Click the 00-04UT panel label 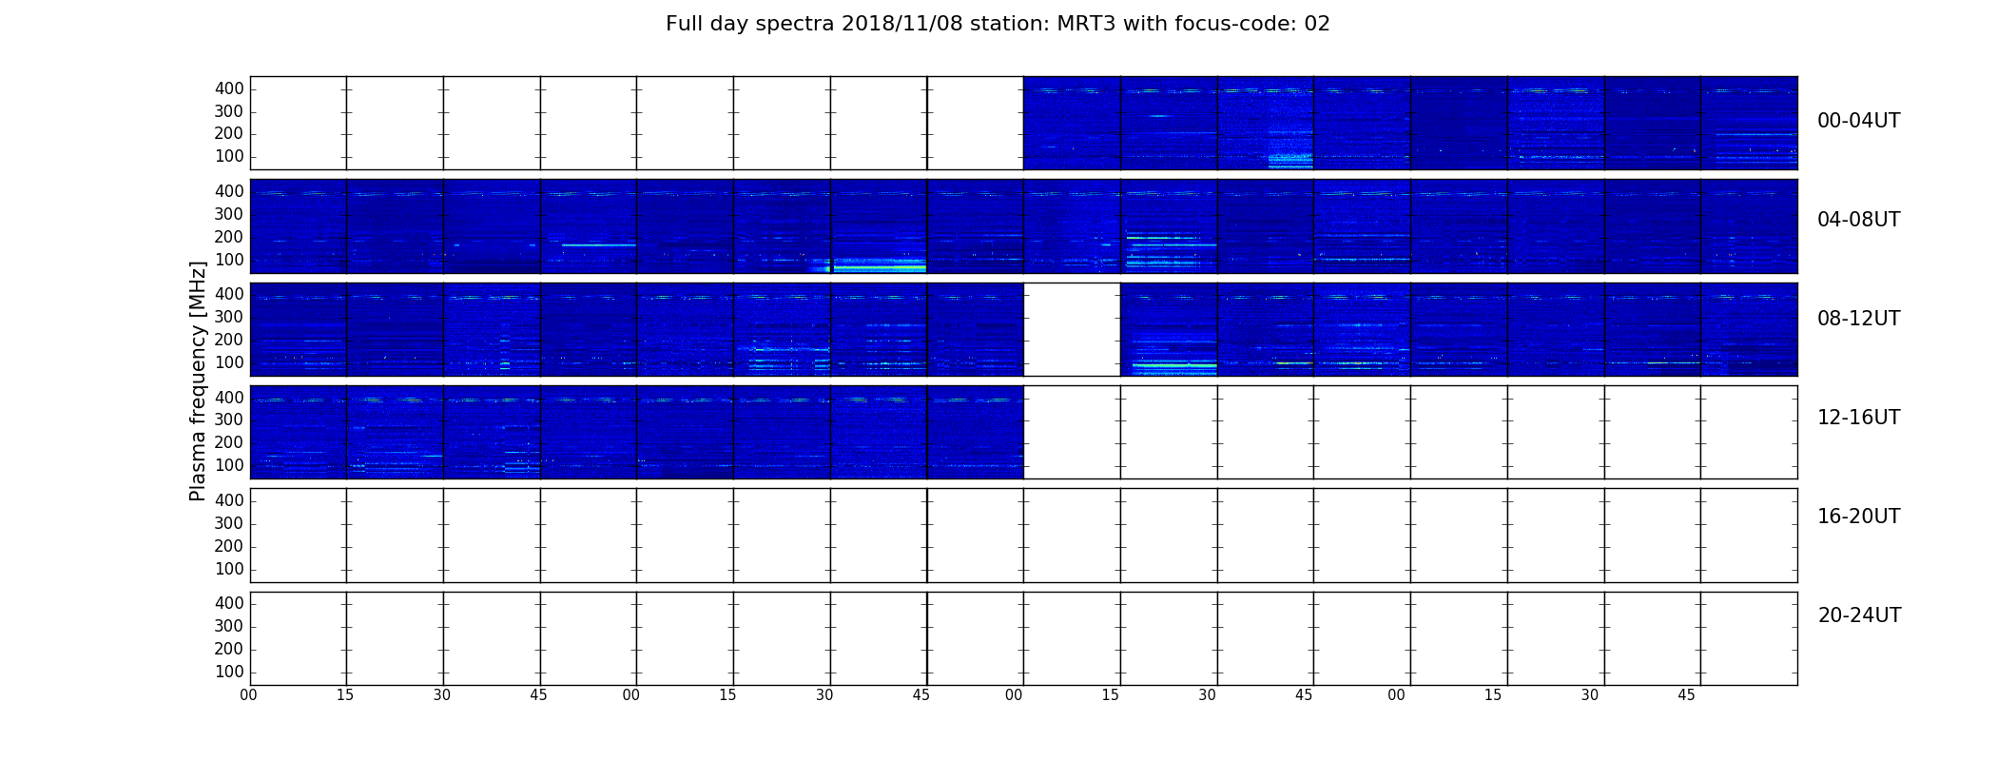pyautogui.click(x=1859, y=121)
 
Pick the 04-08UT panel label pyautogui.click(x=1859, y=220)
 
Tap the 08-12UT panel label pyautogui.click(x=1859, y=319)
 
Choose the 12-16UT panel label pyautogui.click(x=1859, y=418)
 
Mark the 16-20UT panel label pyautogui.click(x=1859, y=517)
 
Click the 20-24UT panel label pyautogui.click(x=1859, y=615)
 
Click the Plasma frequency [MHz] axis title pyautogui.click(x=198, y=380)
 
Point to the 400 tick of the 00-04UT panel pyautogui.click(x=229, y=88)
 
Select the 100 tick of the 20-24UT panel pyautogui.click(x=229, y=672)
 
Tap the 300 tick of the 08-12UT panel pyautogui.click(x=229, y=317)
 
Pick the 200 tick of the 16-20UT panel pyautogui.click(x=229, y=546)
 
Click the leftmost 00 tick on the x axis pyautogui.click(x=248, y=695)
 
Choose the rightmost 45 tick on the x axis pyautogui.click(x=1686, y=695)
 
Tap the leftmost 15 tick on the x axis pyautogui.click(x=345, y=695)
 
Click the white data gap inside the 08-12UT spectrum pyautogui.click(x=1072, y=329)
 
